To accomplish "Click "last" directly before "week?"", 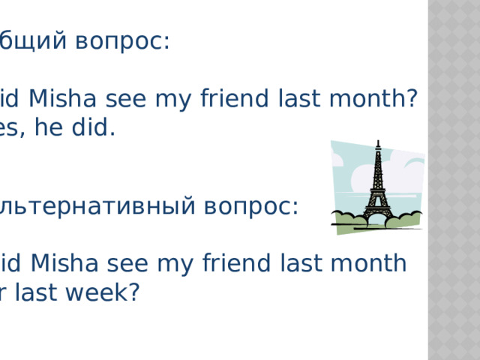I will (x=41, y=292).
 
